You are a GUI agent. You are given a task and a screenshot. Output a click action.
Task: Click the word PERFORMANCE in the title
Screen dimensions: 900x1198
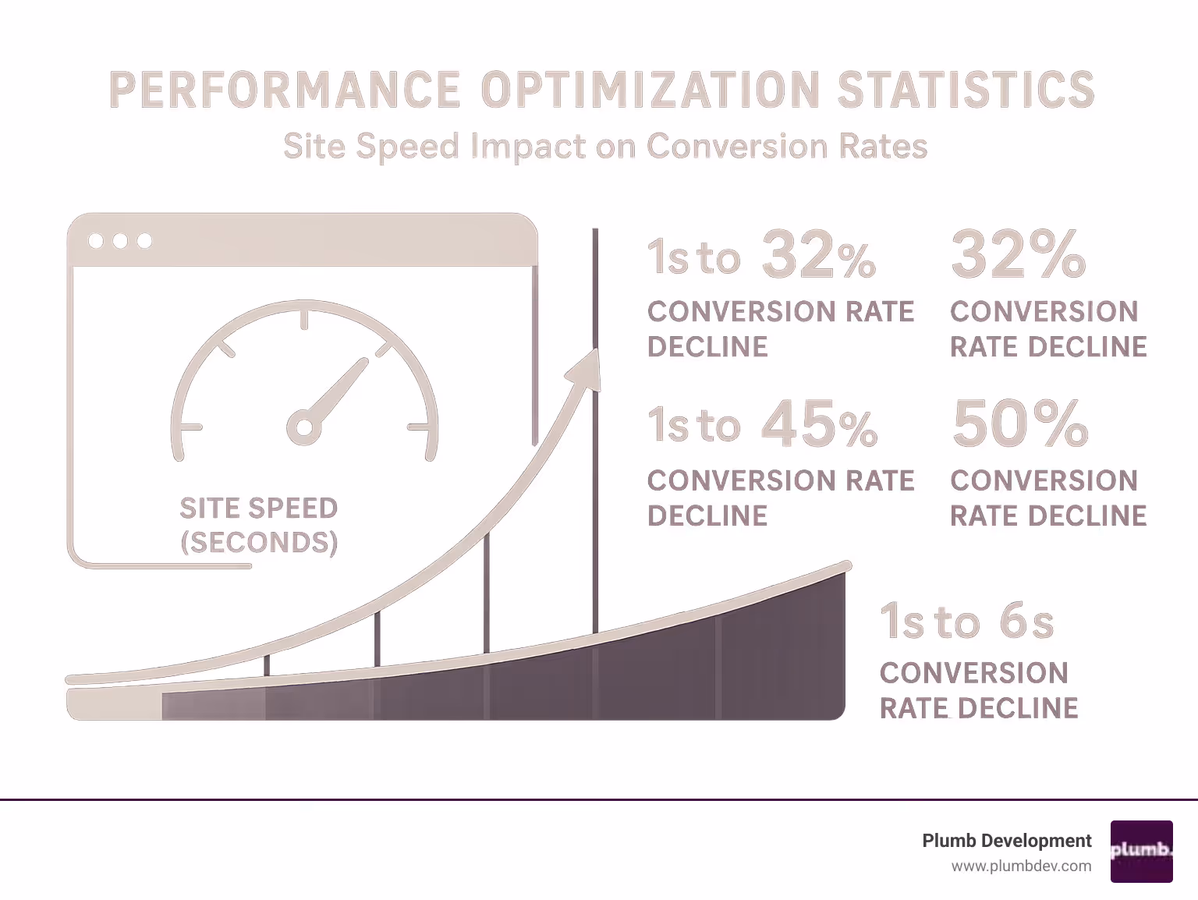coord(285,89)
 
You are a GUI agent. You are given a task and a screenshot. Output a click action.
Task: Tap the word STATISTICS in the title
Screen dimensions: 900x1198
coord(966,89)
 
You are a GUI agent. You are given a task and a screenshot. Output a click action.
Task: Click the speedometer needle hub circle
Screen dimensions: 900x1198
coord(303,427)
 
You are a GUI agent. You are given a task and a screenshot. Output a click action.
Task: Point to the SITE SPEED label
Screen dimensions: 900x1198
coord(258,508)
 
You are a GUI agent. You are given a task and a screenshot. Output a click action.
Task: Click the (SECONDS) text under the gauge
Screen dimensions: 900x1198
coord(258,542)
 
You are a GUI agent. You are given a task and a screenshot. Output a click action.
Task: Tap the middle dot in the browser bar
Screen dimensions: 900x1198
coord(120,240)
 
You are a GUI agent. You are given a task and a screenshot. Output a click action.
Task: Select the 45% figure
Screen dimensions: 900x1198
coord(819,425)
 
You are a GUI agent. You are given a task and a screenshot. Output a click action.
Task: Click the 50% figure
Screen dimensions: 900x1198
coord(1019,423)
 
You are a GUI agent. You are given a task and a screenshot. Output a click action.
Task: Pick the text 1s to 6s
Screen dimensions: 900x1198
coord(967,622)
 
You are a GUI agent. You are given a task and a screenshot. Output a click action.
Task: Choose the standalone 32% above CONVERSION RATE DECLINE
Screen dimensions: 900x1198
coord(1018,254)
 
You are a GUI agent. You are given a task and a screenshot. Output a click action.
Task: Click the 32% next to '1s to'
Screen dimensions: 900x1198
coord(818,256)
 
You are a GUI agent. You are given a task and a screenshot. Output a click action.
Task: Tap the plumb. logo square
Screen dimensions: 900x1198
coord(1141,851)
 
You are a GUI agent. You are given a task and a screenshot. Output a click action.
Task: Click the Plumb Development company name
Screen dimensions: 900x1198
coord(1006,841)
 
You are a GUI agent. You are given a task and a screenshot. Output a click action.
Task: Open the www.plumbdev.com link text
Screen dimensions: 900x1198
coord(1021,866)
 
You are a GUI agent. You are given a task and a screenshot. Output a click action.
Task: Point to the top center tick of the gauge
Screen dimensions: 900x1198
coord(304,319)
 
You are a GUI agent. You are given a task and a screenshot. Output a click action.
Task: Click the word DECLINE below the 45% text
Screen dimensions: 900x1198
coord(707,516)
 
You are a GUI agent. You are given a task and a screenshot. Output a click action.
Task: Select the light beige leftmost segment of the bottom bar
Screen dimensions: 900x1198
coord(115,704)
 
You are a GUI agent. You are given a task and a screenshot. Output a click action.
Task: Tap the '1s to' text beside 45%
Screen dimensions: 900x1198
coord(693,426)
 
